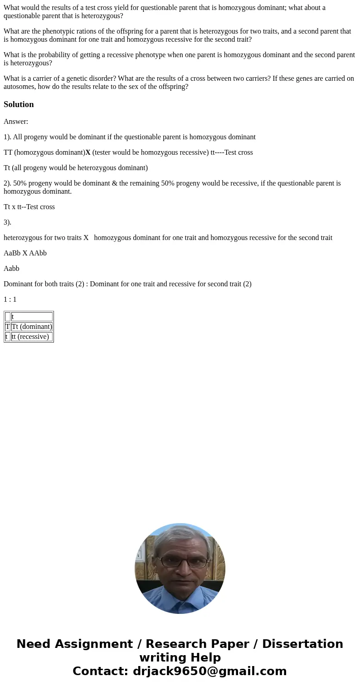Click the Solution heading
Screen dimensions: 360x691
tap(19, 104)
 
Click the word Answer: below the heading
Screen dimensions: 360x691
tap(16, 122)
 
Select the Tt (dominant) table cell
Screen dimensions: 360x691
tap(32, 327)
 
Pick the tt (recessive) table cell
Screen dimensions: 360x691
tap(30, 337)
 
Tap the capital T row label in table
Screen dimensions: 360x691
tap(8, 327)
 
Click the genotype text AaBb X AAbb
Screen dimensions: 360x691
tap(25, 253)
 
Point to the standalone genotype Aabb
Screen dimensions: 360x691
tap(11, 269)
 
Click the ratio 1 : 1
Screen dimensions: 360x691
tap(10, 299)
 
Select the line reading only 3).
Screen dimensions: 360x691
tap(7, 222)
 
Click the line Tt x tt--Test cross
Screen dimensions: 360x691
tap(29, 207)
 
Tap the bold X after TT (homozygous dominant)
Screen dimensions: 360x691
tap(88, 152)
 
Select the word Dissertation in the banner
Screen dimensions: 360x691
tap(302, 644)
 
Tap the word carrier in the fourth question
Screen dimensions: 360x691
tap(37, 78)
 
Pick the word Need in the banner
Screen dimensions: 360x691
tap(34, 644)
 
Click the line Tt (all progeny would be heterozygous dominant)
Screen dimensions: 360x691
tap(76, 168)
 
